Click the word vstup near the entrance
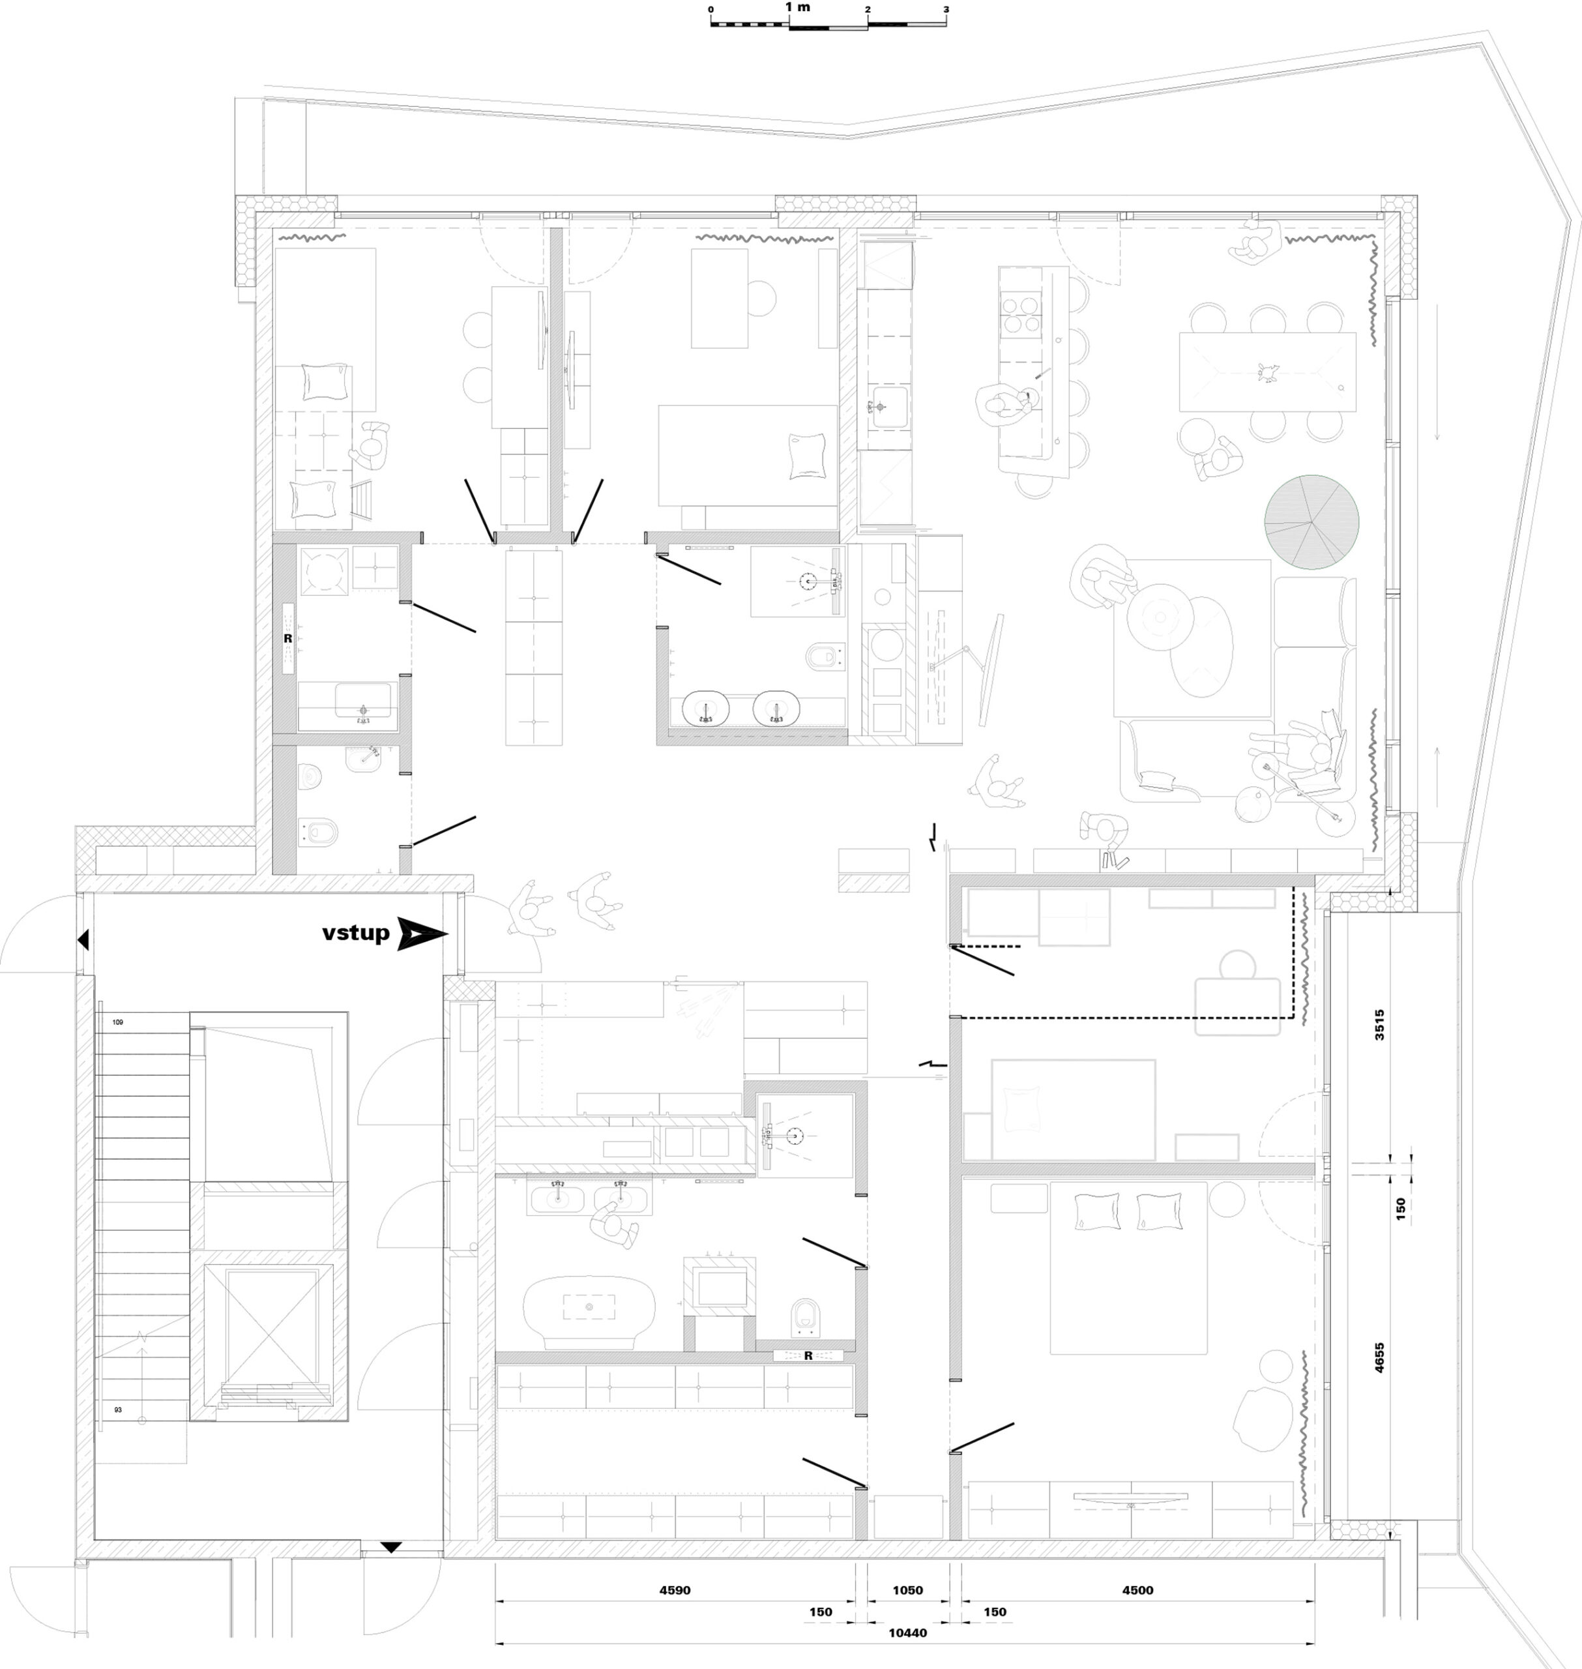tap(356, 934)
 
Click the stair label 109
tap(117, 1022)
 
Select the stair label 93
tap(117, 1410)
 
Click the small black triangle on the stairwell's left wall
tap(83, 939)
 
